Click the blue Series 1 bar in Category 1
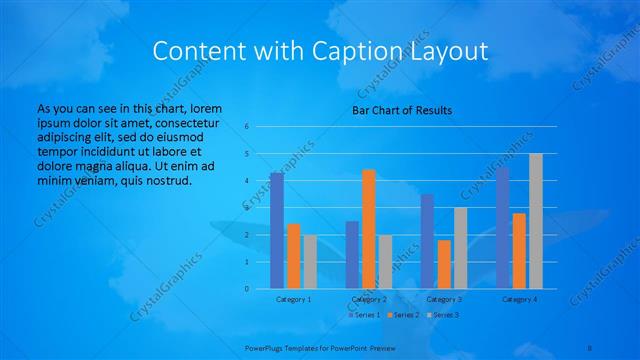(x=276, y=231)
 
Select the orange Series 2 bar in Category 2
(x=369, y=229)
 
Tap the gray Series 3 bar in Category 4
(x=536, y=221)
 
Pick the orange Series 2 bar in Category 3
(x=444, y=264)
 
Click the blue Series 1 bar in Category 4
(x=502, y=228)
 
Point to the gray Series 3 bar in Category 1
(x=310, y=262)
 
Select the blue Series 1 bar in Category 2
(x=352, y=255)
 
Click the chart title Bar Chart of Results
(x=402, y=109)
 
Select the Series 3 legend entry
(x=444, y=315)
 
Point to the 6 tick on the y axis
(x=246, y=127)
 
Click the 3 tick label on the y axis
(x=246, y=208)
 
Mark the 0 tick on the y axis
(x=246, y=289)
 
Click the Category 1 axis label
(x=293, y=299)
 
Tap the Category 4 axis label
(x=519, y=299)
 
